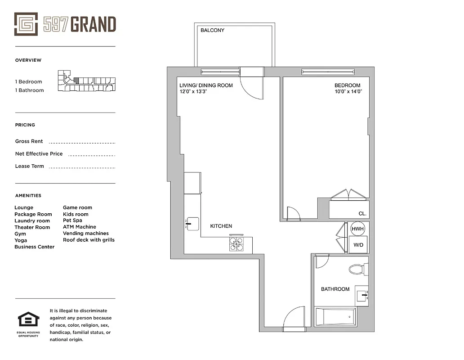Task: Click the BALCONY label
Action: (x=212, y=30)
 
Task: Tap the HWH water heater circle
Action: (x=357, y=229)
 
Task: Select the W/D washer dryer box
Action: (x=358, y=245)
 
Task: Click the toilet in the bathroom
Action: (x=357, y=270)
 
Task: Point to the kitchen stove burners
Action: (x=236, y=244)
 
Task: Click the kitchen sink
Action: (x=193, y=224)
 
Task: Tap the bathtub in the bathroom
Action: (x=335, y=317)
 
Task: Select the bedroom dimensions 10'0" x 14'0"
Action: (x=348, y=91)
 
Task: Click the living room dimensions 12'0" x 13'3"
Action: (x=199, y=91)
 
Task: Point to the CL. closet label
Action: (x=362, y=214)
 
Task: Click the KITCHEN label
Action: (x=221, y=226)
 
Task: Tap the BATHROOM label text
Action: (x=335, y=289)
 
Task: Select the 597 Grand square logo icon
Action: (x=26, y=24)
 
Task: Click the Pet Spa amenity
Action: (x=72, y=220)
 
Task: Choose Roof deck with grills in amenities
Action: (x=89, y=240)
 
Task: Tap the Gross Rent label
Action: (x=29, y=141)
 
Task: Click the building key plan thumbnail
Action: (x=86, y=81)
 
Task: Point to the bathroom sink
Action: (x=362, y=296)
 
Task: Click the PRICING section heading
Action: (x=25, y=125)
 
